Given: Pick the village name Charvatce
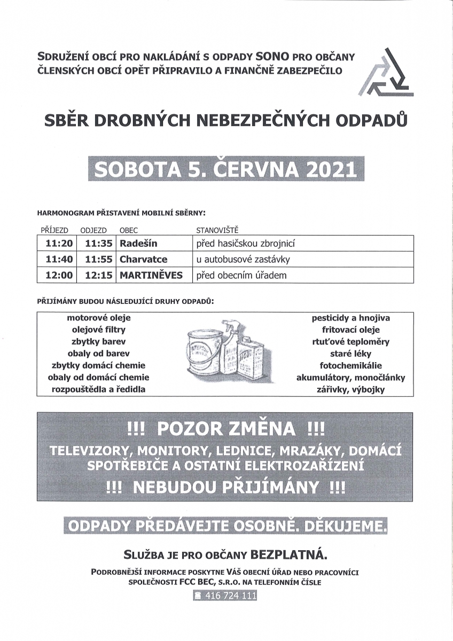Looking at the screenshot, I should [x=143, y=260].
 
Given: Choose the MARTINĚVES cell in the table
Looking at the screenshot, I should [x=151, y=276].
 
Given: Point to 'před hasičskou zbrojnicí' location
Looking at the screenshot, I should [x=246, y=244].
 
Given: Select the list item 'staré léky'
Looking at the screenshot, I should [x=350, y=354].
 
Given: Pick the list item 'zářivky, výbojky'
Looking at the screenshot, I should [x=350, y=389].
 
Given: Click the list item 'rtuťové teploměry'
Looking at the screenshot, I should [x=350, y=342].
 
